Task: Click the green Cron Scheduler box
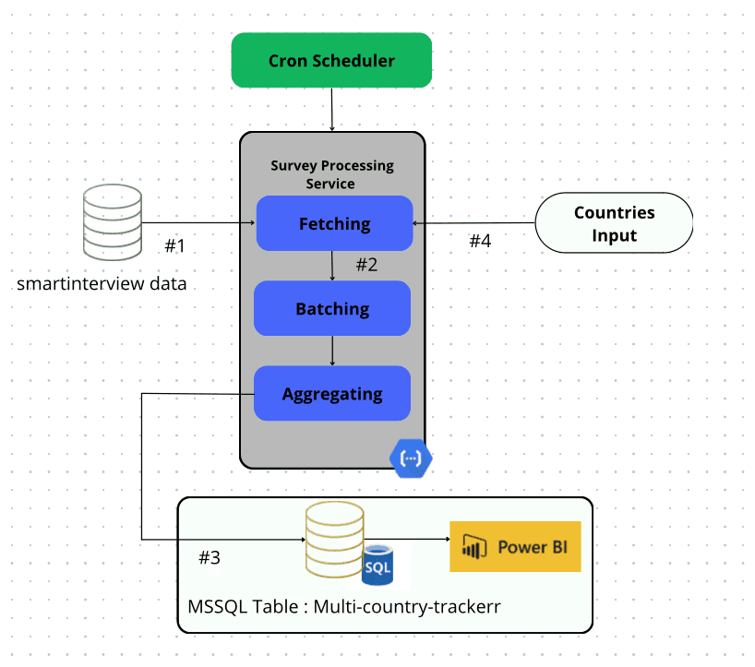coord(331,61)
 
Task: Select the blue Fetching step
coord(333,223)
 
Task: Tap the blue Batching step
coord(332,308)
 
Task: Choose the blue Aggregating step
coord(332,394)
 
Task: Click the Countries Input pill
coord(614,223)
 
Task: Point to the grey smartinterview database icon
coord(112,222)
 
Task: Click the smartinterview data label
coord(102,283)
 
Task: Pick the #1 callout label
coord(175,246)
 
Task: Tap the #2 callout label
coord(366,265)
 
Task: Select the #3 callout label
coord(210,557)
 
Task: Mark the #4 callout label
coord(480,242)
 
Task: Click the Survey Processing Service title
coord(332,174)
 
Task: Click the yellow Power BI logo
coord(515,546)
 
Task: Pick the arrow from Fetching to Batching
coord(332,266)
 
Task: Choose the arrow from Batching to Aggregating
coord(332,351)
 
